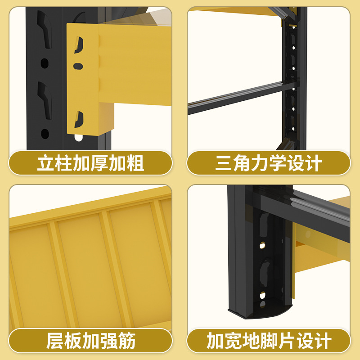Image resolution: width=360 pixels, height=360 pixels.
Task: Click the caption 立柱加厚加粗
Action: pyautogui.click(x=90, y=163)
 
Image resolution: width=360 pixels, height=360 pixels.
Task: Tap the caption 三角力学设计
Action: pyautogui.click(x=269, y=163)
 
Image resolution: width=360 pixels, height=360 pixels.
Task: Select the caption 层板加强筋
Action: pyautogui.click(x=90, y=341)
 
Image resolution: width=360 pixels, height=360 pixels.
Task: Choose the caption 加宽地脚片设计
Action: pyautogui.click(x=269, y=341)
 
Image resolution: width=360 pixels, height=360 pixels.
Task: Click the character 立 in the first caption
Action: pyautogui.click(x=45, y=163)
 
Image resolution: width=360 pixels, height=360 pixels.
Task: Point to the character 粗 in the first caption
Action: pyautogui.click(x=135, y=163)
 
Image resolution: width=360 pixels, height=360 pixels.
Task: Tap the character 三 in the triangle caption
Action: pyautogui.click(x=224, y=163)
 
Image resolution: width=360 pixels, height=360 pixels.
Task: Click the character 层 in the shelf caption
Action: pyautogui.click(x=55, y=341)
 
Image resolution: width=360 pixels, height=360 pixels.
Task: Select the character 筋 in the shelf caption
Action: pyautogui.click(x=126, y=341)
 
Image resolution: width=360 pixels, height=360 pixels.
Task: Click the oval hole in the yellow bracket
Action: pyautogui.click(x=78, y=66)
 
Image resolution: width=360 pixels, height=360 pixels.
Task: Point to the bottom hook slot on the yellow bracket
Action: pyautogui.click(x=79, y=119)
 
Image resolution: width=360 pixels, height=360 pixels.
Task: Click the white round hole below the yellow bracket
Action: pyautogui.click(x=79, y=137)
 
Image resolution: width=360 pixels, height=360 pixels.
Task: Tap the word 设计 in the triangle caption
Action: pyautogui.click(x=304, y=163)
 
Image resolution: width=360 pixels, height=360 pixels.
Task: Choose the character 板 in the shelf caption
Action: pyautogui.click(x=73, y=341)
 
